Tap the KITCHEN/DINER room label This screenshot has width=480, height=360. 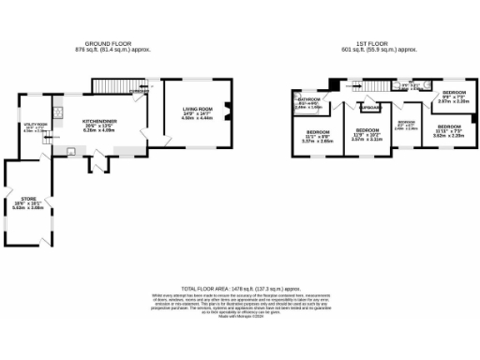98,122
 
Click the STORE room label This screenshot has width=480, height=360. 28,200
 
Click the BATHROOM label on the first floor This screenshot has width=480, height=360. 309,99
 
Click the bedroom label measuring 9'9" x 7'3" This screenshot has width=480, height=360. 455,94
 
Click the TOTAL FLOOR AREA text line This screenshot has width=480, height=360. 240,289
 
